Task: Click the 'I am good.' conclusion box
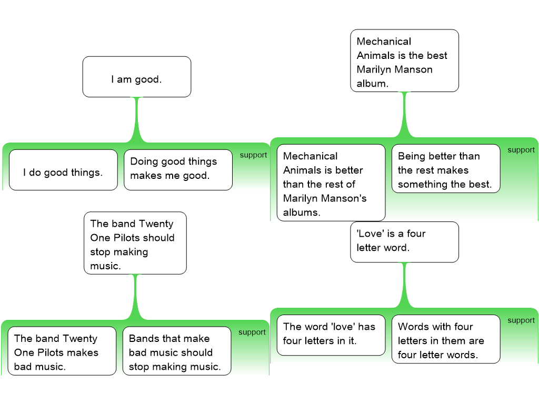coord(136,77)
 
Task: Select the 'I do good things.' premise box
coord(63,170)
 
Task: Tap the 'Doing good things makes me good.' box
coord(178,170)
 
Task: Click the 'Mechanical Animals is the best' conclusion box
coord(404,60)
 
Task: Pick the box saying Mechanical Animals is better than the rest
coord(331,183)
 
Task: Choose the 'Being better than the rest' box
coord(446,169)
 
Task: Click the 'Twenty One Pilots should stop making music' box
coord(135,243)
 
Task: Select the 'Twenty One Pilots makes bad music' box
coord(62,351)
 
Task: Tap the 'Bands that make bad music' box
coord(176,351)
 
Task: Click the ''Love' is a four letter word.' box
coord(404,242)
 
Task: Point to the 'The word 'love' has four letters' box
coord(331,335)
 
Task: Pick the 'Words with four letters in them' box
coord(446,339)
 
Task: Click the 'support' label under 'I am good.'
coord(253,155)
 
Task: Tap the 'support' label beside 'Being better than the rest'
coord(521,150)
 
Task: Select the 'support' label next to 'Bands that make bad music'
coord(252,332)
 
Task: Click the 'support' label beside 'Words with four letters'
coord(521,320)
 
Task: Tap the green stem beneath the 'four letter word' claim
coord(404,284)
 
